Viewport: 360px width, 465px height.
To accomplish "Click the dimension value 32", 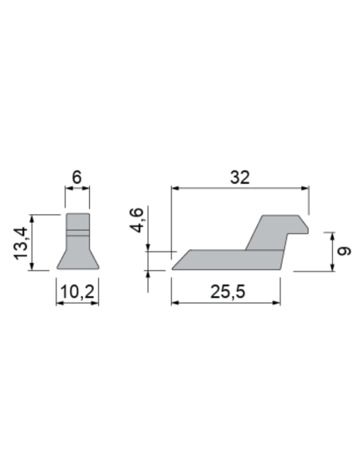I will (x=240, y=178).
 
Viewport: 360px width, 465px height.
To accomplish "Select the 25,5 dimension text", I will (x=227, y=292).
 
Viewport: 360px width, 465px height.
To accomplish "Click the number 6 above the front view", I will (x=77, y=178).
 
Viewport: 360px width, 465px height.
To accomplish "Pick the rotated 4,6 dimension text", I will (x=137, y=221).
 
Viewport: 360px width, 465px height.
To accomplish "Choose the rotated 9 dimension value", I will (x=342, y=251).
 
